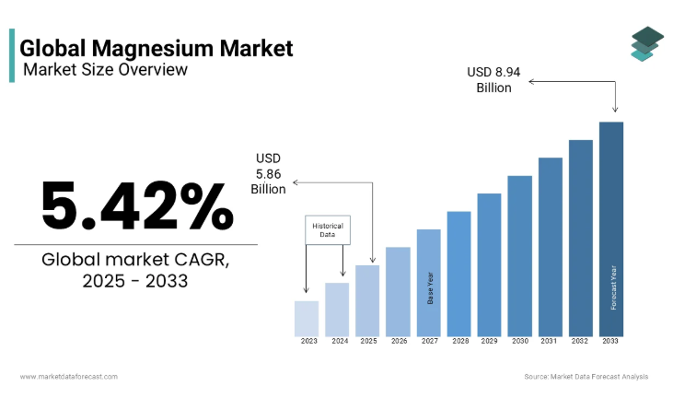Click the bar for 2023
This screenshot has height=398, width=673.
click(x=307, y=318)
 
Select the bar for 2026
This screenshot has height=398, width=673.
click(x=398, y=291)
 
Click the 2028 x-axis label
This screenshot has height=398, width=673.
click(x=458, y=341)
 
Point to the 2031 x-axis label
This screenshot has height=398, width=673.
click(x=550, y=341)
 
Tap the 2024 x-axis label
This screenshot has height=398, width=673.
click(x=337, y=341)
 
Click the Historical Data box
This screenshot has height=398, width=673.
click(x=327, y=230)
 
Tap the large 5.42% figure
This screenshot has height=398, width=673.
click(x=137, y=205)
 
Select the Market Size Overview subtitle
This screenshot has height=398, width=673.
click(x=105, y=69)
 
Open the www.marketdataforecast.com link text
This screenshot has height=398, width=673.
click(x=69, y=376)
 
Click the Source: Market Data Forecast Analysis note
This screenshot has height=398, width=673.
click(x=586, y=376)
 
